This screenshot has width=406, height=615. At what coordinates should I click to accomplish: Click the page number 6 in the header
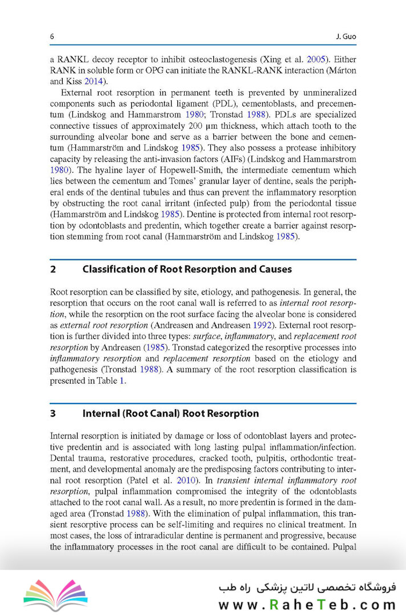[52, 36]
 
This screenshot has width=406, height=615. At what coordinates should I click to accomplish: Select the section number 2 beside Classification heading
[53, 269]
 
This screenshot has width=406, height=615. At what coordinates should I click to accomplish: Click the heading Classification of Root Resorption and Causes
[187, 269]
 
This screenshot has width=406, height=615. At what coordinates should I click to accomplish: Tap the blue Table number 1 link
[121, 381]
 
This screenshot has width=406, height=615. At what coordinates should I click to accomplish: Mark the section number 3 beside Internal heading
[53, 413]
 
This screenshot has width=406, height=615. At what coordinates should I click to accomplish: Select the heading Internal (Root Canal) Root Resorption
[170, 413]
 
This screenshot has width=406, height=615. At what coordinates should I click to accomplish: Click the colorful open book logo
[55, 594]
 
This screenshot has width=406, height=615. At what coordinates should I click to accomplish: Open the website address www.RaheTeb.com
[307, 604]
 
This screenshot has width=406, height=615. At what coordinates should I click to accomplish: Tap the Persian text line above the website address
[307, 587]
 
